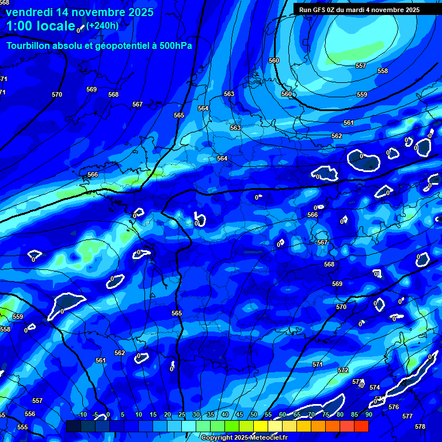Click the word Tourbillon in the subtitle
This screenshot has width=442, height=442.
click(x=29, y=46)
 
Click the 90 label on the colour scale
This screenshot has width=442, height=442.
click(x=368, y=415)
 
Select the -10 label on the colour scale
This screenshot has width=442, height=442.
click(x=82, y=415)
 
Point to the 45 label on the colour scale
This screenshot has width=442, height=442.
click(x=239, y=415)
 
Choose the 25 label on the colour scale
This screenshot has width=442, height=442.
click(x=181, y=415)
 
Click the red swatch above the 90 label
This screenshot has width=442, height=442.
click(x=361, y=426)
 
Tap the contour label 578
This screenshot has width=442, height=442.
click(x=420, y=426)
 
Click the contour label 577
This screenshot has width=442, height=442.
click(x=407, y=416)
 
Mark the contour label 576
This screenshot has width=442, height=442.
click(x=394, y=407)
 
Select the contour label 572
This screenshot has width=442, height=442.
click(x=343, y=370)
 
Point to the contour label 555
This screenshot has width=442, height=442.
click(x=22, y=427)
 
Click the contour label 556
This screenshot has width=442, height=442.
click(x=30, y=414)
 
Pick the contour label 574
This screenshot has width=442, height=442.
click(x=375, y=387)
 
